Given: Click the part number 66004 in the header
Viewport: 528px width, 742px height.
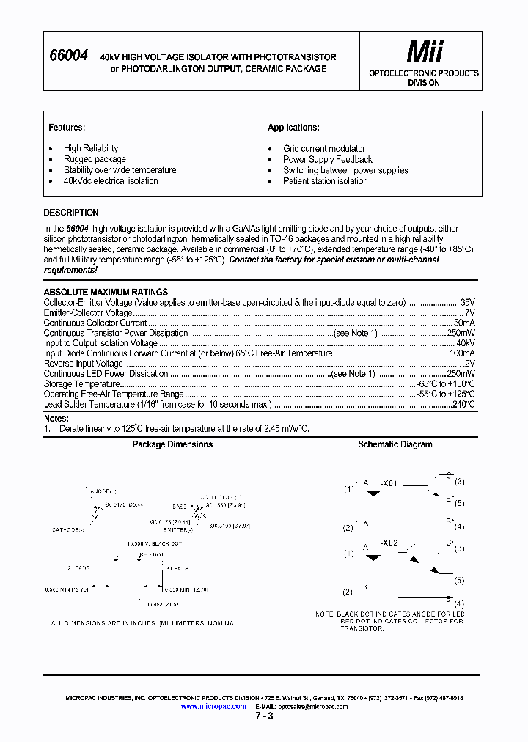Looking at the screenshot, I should click(68, 56).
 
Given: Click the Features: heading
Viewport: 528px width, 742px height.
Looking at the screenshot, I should click(67, 128).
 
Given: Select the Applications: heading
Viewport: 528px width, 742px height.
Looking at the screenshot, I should click(293, 128).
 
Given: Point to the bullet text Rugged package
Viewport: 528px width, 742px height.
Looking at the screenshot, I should click(95, 159).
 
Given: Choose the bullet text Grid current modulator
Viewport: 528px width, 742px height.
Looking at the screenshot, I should click(324, 148).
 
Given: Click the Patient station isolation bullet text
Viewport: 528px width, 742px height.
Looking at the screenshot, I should click(326, 181).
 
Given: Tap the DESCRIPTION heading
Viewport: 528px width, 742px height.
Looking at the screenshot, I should click(71, 213).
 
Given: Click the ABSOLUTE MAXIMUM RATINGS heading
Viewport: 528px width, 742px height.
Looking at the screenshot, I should click(106, 292).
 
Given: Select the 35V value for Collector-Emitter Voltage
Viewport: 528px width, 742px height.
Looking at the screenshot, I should click(467, 302).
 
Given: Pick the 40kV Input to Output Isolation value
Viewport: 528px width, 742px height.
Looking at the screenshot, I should click(465, 343).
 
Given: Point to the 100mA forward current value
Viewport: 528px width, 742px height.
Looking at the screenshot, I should click(462, 353).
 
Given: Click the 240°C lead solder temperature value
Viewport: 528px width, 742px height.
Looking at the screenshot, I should click(463, 404).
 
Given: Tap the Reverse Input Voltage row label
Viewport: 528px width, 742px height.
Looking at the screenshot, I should click(84, 364).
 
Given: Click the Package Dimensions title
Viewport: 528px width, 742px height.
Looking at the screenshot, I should click(172, 444).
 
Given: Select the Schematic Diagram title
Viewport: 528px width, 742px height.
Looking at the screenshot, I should click(395, 444).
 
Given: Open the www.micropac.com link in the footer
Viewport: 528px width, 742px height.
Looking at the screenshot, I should click(213, 706).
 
